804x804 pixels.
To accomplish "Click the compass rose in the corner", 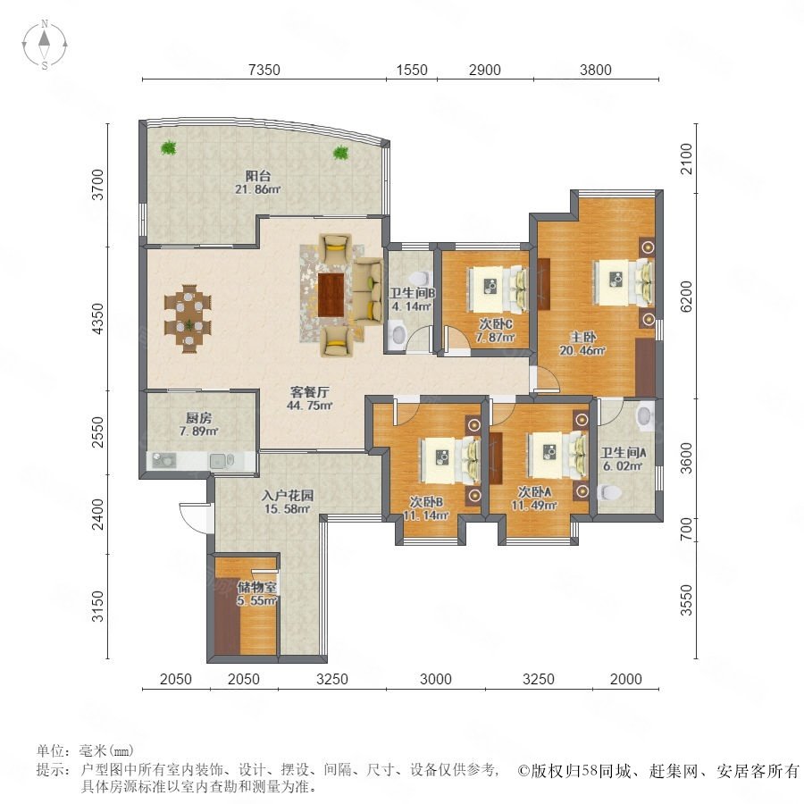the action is (45, 45).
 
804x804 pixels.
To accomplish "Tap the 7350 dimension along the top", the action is (264, 70).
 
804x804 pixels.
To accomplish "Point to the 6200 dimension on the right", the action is (686, 296).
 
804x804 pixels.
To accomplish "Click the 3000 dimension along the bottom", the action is (436, 679).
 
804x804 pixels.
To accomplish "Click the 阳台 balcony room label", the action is (258, 176).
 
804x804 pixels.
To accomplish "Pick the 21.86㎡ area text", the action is (258, 189).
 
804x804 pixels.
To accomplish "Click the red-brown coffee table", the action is (331, 295).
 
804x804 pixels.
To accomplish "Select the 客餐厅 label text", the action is (309, 392).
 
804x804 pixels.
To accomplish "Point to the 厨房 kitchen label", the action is (199, 418).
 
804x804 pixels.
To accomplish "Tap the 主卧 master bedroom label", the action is (583, 338).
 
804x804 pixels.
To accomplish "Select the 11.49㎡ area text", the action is (534, 506).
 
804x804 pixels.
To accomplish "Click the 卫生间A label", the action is (623, 453).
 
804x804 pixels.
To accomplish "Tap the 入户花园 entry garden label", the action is (287, 496).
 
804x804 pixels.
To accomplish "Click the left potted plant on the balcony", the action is (168, 148).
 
